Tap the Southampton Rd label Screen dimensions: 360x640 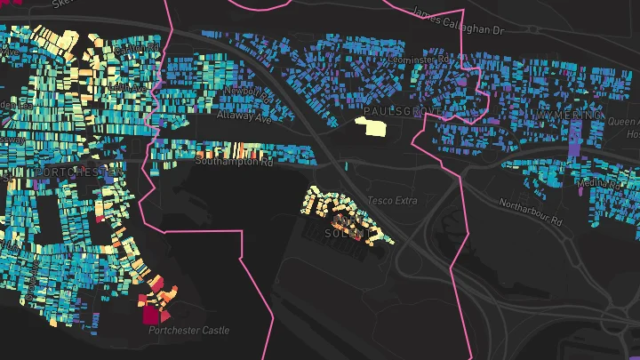coord(235,161)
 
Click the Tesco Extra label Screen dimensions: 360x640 coord(391,201)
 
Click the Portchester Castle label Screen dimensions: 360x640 coord(188,331)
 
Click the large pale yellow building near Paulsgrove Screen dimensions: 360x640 coord(372,126)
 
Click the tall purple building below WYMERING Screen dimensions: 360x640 coord(576,140)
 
